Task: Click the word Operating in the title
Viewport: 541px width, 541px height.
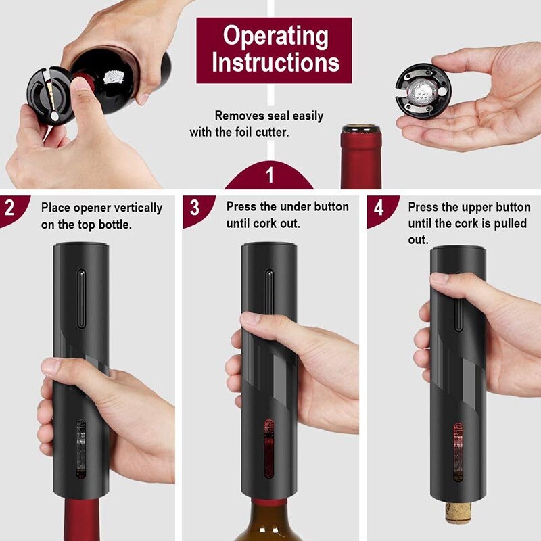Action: click(x=274, y=36)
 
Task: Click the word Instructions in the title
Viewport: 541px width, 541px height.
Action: click(x=274, y=63)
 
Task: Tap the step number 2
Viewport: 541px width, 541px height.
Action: click(x=10, y=208)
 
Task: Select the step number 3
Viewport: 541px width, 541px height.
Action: click(x=194, y=208)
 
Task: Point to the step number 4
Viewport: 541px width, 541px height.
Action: click(x=379, y=208)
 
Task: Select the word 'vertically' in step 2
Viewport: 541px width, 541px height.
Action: click(x=139, y=208)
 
